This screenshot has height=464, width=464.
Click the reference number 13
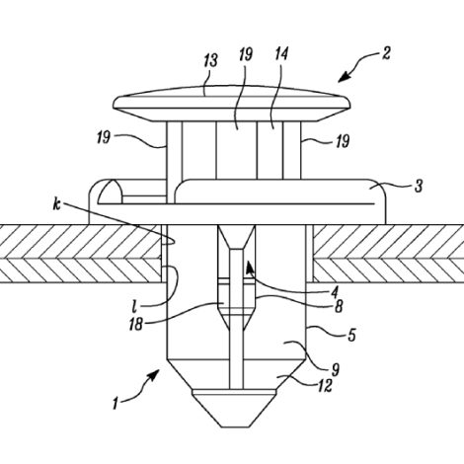[211, 61]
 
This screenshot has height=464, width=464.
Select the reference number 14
[281, 54]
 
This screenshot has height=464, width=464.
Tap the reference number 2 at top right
[386, 53]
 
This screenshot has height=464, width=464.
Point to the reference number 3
[419, 187]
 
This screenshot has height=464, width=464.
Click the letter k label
[57, 204]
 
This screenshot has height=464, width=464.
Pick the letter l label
[134, 306]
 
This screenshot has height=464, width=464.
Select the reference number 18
[136, 324]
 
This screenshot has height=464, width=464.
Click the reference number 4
[335, 291]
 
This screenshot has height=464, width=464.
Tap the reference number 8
[338, 307]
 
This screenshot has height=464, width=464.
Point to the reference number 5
[352, 335]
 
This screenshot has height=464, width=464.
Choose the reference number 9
[335, 370]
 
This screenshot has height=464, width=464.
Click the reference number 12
[325, 385]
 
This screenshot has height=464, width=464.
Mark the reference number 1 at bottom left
[115, 404]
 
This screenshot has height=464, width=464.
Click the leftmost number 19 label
[104, 137]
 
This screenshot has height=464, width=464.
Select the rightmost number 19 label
[343, 142]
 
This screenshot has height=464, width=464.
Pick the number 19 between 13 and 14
[246, 54]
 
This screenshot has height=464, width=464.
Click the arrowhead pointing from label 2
[344, 77]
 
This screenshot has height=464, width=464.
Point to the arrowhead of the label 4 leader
[250, 266]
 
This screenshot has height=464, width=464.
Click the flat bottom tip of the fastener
[237, 426]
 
